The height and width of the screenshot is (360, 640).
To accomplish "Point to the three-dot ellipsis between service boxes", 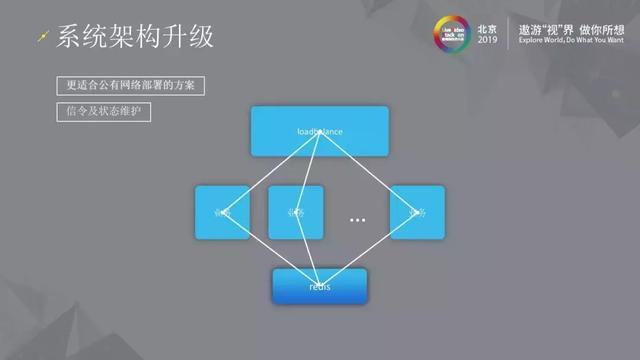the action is point(357,219).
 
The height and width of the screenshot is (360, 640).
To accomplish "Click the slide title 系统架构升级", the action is point(135,38).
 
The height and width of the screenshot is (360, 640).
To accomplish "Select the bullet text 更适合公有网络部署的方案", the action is point(130,86).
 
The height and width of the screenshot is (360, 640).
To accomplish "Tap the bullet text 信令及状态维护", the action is point(104,112).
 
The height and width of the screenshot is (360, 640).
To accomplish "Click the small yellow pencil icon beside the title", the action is point(41,38).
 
